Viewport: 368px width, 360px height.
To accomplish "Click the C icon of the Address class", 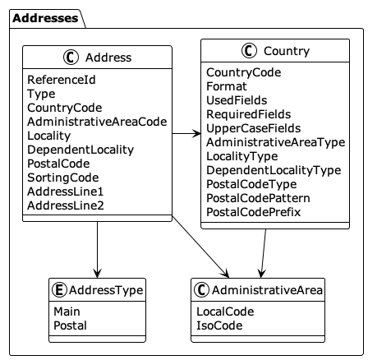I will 69,58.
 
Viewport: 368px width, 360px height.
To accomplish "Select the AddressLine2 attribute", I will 66,205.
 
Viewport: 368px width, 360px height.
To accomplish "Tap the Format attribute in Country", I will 226,85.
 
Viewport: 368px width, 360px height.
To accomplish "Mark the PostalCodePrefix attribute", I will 253,211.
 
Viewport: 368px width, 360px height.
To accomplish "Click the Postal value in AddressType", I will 70,325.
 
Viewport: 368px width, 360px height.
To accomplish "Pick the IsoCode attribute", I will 219,325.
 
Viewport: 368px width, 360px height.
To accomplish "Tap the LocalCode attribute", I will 225,312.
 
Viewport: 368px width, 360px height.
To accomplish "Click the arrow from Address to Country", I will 186,132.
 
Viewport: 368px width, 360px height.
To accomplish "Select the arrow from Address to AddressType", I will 98,249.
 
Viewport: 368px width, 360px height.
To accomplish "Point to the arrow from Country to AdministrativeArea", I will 263,253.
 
